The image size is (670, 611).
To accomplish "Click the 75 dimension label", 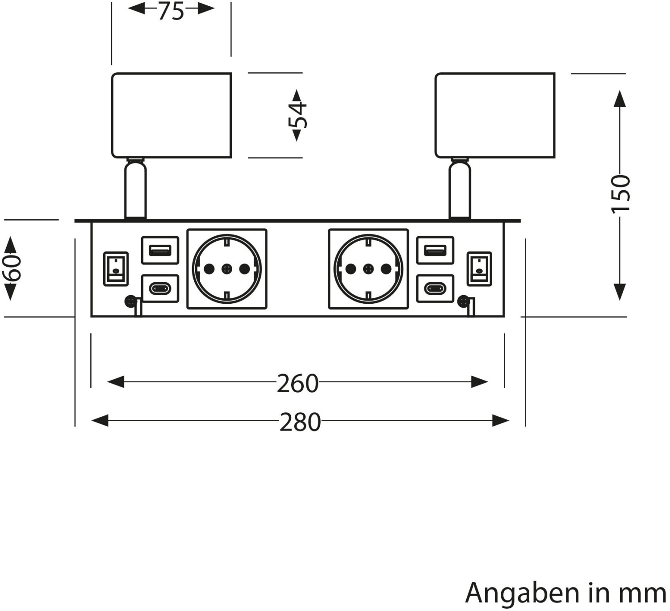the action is point(171,11).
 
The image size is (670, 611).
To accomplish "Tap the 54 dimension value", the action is point(297,115).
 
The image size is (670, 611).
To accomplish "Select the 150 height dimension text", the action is point(620,194).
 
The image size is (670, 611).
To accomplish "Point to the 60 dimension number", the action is point(12,268).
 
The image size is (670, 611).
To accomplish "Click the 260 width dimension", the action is point(297,384).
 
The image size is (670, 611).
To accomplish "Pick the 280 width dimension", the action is point(300,422).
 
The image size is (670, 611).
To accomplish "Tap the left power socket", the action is point(227,268).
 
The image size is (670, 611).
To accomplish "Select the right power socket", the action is point(368,268).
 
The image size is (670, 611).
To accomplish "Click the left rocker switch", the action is point(116,268).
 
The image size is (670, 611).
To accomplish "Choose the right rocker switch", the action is point(479,268).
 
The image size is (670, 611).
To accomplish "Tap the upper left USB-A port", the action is point(160,250).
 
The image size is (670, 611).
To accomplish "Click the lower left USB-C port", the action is point(160,288).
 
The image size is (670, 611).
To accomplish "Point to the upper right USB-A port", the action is point(435,250).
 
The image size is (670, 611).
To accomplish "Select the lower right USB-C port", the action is point(435,288).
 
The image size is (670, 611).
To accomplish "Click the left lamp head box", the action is point(172,115).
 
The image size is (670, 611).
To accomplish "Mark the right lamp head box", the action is point(495,115).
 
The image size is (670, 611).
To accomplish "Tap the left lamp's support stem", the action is point(135,189).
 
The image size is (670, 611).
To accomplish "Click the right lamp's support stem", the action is point(460,189).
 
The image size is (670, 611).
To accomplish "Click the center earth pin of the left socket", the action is point(227,268).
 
